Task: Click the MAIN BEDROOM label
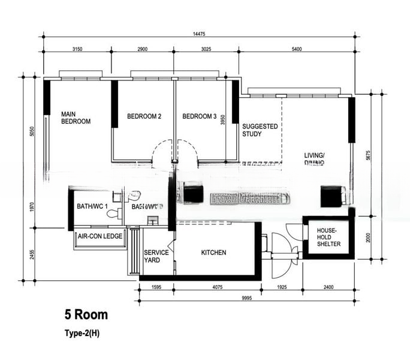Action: click(x=76, y=118)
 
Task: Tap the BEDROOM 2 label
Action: click(x=144, y=116)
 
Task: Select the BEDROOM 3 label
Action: click(x=200, y=116)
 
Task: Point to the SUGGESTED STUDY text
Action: click(x=260, y=130)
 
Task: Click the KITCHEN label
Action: click(x=213, y=253)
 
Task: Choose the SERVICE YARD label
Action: click(x=156, y=256)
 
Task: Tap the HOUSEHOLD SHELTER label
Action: click(x=328, y=238)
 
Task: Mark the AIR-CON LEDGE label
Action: click(x=100, y=236)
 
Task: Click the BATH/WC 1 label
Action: click(x=92, y=206)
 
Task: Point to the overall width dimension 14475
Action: click(x=200, y=34)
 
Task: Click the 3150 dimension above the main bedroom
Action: click(x=77, y=48)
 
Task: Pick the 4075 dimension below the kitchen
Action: click(x=217, y=288)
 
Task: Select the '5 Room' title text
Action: click(x=86, y=314)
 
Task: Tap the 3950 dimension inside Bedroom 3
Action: click(x=222, y=120)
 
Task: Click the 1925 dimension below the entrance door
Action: click(x=282, y=288)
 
